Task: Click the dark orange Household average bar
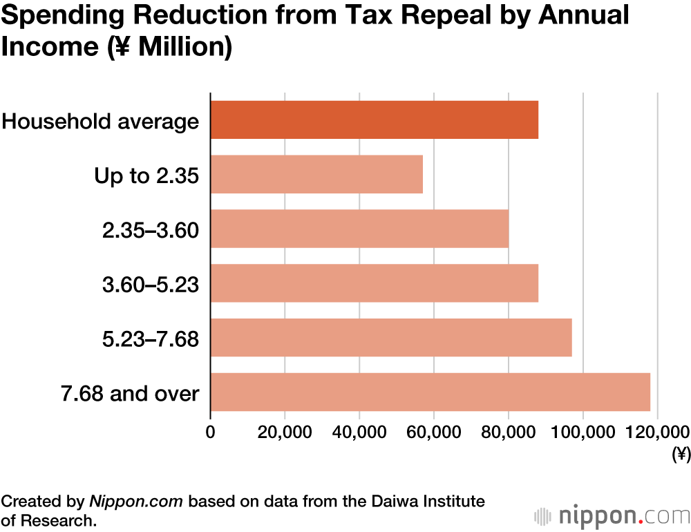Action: [374, 120]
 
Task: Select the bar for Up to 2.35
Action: [316, 174]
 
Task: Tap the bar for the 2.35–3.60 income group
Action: [359, 229]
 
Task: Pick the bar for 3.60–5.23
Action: [374, 283]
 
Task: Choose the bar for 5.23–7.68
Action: [391, 338]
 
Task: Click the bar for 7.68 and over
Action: [430, 392]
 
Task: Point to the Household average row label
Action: [101, 122]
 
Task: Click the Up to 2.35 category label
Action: [146, 175]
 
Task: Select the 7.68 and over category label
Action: [130, 394]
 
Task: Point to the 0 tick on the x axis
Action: [210, 432]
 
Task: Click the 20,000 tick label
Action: [285, 432]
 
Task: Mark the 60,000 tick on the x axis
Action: [434, 432]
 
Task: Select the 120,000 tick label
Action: [657, 432]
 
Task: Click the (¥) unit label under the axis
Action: [681, 454]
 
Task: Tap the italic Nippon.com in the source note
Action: [136, 501]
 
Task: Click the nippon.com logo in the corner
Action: [612, 516]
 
